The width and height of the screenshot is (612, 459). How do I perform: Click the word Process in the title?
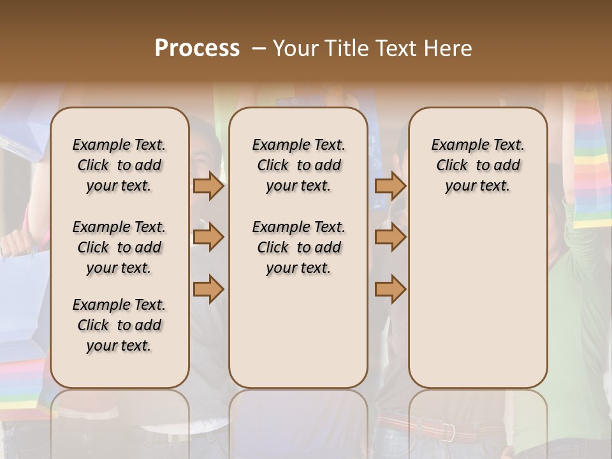coord(197,48)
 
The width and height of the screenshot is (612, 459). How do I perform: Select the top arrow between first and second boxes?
coord(208,186)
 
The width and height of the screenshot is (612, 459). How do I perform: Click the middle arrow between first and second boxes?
coord(208,238)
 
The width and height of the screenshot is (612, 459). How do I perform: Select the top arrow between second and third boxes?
coord(390,186)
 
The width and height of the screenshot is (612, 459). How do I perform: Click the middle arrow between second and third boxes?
coord(390,238)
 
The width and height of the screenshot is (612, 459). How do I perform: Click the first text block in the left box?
coord(119,165)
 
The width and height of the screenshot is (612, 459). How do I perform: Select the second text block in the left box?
coord(119,247)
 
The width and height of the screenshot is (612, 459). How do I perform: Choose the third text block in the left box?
coord(119,325)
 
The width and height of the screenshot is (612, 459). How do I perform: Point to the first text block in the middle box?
coord(298,165)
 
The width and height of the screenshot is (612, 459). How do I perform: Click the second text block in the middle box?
coord(298,247)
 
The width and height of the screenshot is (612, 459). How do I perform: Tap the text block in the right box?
coord(477,165)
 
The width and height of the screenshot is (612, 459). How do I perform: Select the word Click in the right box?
coord(452,166)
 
